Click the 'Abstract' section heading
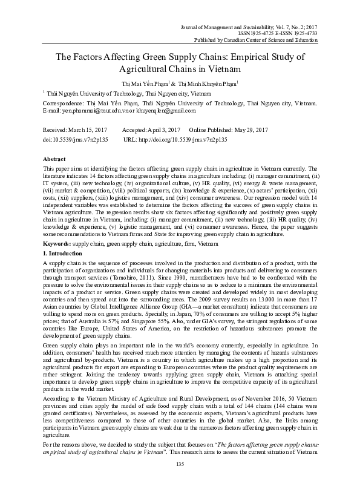click(x=52, y=158)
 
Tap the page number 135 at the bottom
click(x=180, y=481)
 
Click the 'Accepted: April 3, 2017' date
click(x=151, y=131)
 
